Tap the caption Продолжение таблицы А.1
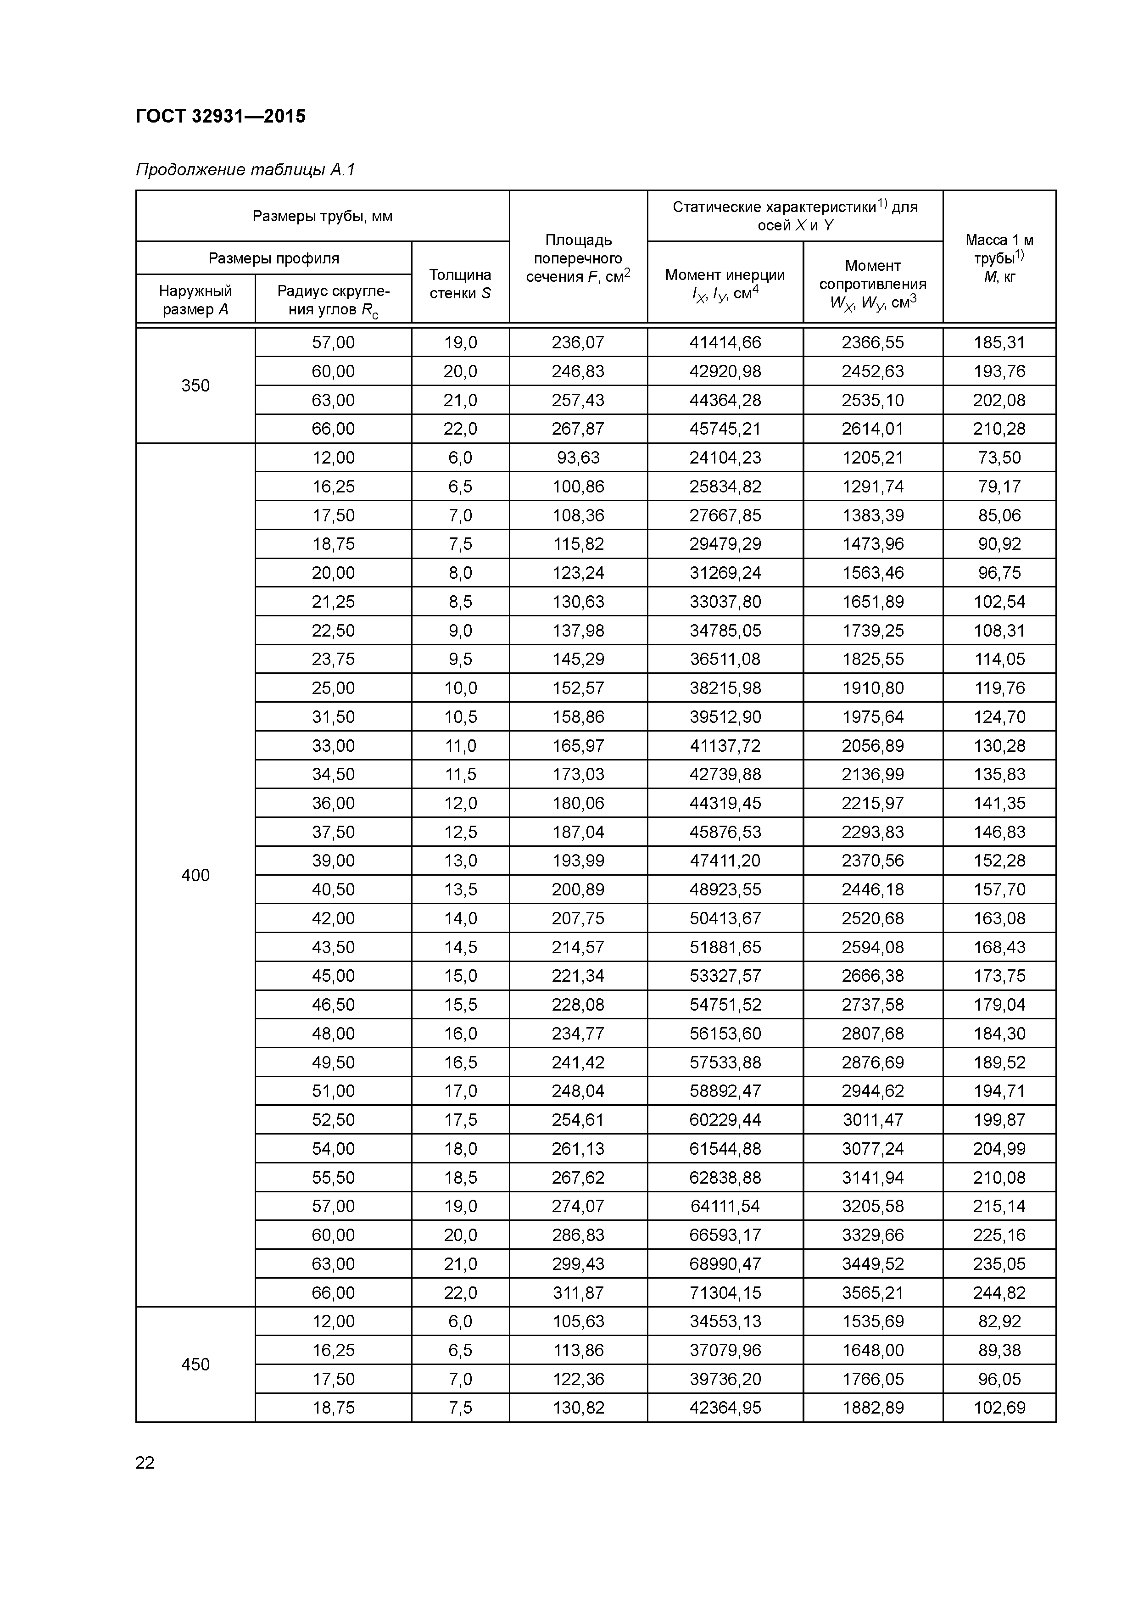(x=245, y=170)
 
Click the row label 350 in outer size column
(x=195, y=386)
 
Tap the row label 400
(x=195, y=875)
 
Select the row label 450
(x=195, y=1364)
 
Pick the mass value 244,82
(x=999, y=1292)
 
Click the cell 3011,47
(x=872, y=1120)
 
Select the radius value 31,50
(x=333, y=716)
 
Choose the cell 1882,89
(x=872, y=1407)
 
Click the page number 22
(x=145, y=1463)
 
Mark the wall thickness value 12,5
(x=460, y=832)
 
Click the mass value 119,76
(x=999, y=688)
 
